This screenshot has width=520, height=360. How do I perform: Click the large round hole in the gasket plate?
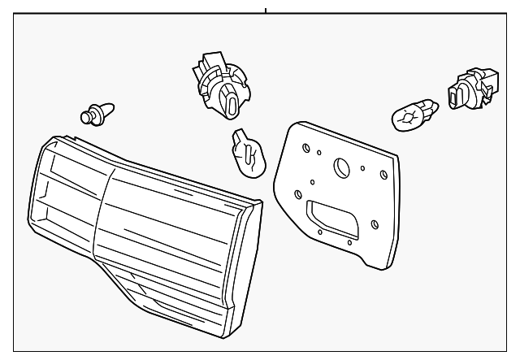click(342, 167)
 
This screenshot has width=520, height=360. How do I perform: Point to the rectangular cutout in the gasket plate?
click(331, 219)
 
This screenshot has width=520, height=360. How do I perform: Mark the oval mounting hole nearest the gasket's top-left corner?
click(305, 149)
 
